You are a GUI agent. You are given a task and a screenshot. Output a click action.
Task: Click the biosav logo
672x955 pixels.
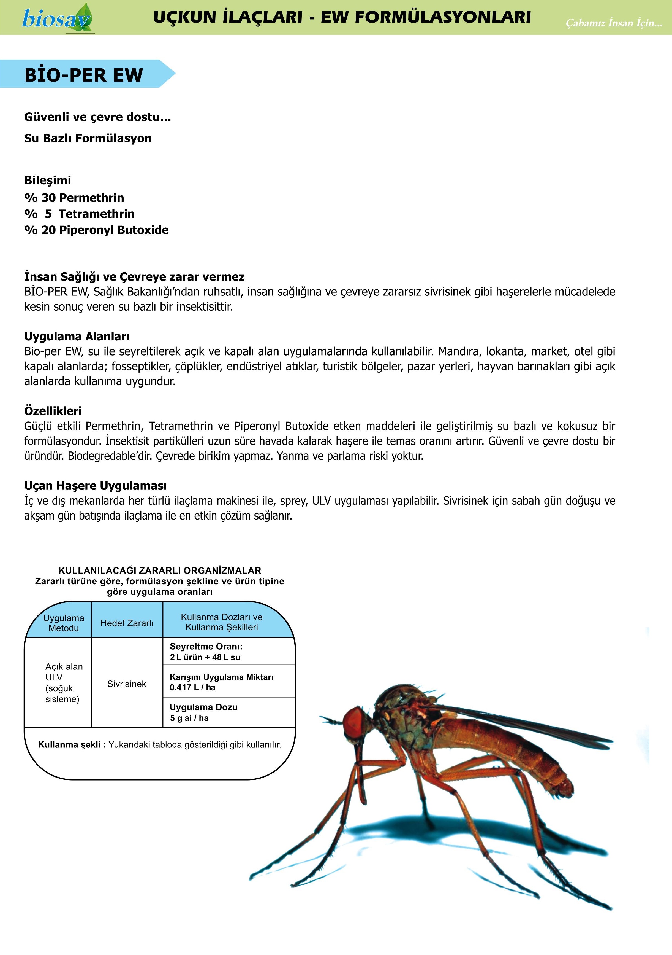(x=57, y=17)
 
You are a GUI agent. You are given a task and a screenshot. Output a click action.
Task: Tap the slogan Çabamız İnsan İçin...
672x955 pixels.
(x=614, y=23)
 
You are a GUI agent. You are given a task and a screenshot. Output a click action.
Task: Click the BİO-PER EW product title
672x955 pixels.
(x=83, y=75)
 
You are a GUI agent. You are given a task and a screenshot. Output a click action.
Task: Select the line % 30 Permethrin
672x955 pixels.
(x=74, y=198)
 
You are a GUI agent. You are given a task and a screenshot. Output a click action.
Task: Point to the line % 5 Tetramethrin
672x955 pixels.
(x=79, y=214)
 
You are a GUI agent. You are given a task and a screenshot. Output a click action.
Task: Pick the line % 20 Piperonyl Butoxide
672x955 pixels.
(x=96, y=230)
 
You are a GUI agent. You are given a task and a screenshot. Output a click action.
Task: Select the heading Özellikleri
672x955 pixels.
(x=53, y=411)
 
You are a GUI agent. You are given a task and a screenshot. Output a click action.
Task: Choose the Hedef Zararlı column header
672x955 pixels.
(x=127, y=623)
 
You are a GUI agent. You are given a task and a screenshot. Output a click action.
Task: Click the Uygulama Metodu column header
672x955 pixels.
(x=64, y=623)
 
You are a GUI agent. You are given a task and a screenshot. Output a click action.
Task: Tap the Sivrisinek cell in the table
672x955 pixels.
(x=127, y=684)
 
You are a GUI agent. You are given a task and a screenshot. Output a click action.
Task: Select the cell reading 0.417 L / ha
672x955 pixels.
(x=192, y=687)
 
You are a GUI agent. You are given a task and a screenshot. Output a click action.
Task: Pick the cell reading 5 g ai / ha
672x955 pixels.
(x=189, y=718)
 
